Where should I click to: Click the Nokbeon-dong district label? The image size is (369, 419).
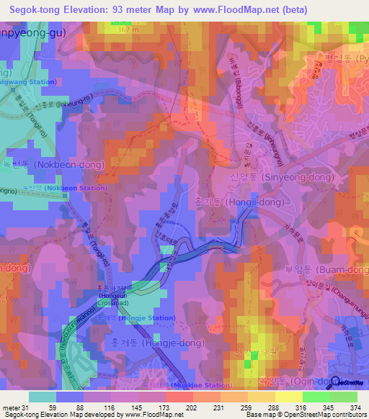(54, 165)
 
